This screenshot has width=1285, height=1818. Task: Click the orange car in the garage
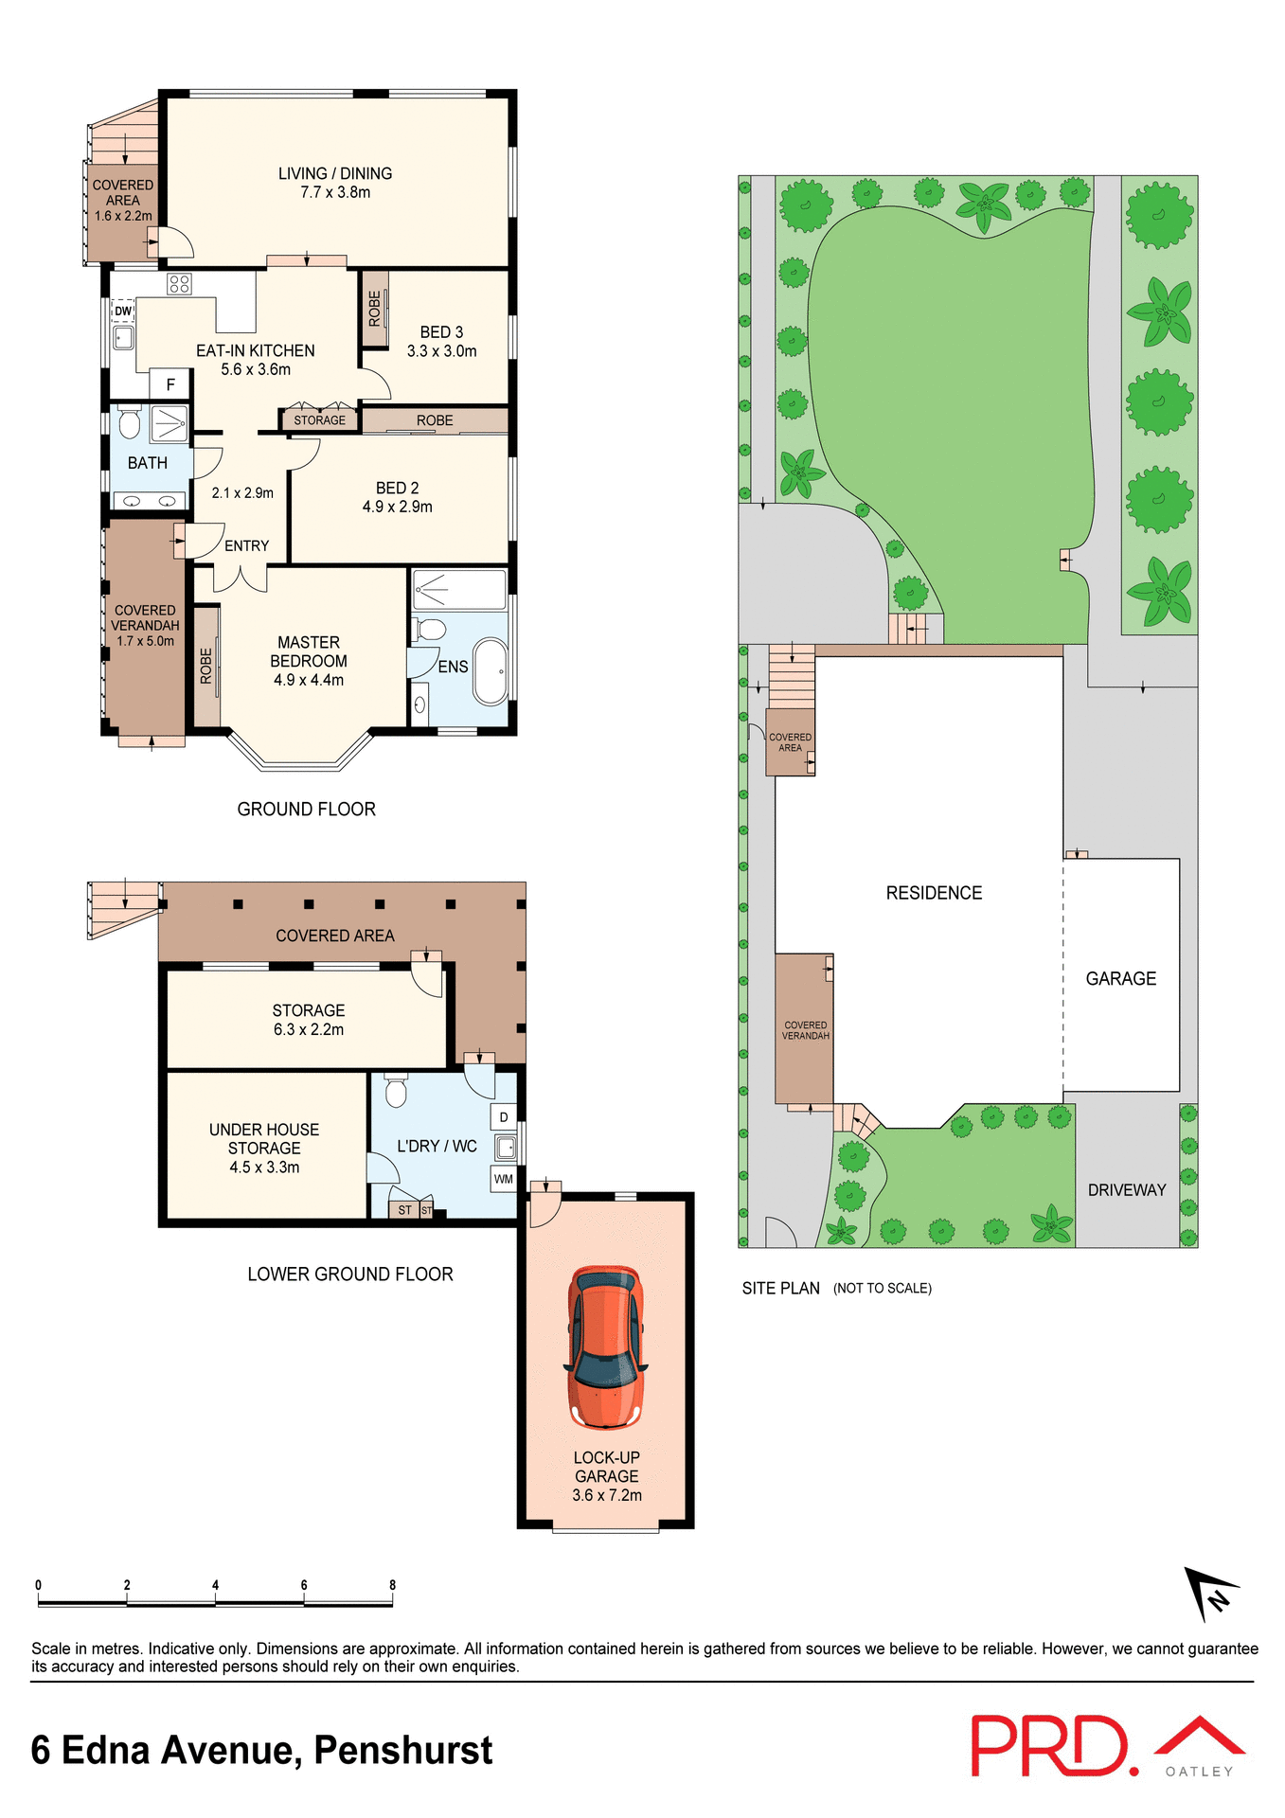point(606,1346)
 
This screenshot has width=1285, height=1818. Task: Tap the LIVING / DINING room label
point(335,174)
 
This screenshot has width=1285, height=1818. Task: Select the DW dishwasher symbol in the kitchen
point(123,311)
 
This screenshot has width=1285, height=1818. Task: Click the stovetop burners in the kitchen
point(179,283)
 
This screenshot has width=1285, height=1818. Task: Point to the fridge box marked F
point(170,384)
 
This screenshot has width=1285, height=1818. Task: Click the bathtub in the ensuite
point(491,671)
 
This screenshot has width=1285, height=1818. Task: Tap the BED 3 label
point(441,332)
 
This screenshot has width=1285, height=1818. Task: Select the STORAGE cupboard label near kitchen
point(319,420)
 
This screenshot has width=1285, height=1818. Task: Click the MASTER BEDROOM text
point(309,651)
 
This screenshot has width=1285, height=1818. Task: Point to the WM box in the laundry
point(504,1179)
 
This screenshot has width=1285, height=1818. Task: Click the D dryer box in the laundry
point(504,1117)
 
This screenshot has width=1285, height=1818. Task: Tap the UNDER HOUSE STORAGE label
point(264,1139)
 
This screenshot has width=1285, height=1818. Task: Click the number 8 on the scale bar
point(392,1585)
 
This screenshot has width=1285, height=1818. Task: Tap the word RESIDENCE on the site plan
point(934,893)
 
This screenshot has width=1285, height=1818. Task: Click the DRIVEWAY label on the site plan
point(1127,1190)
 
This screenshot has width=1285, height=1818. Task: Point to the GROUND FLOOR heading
point(306,810)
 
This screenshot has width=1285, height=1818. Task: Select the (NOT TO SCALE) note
point(882,1289)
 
